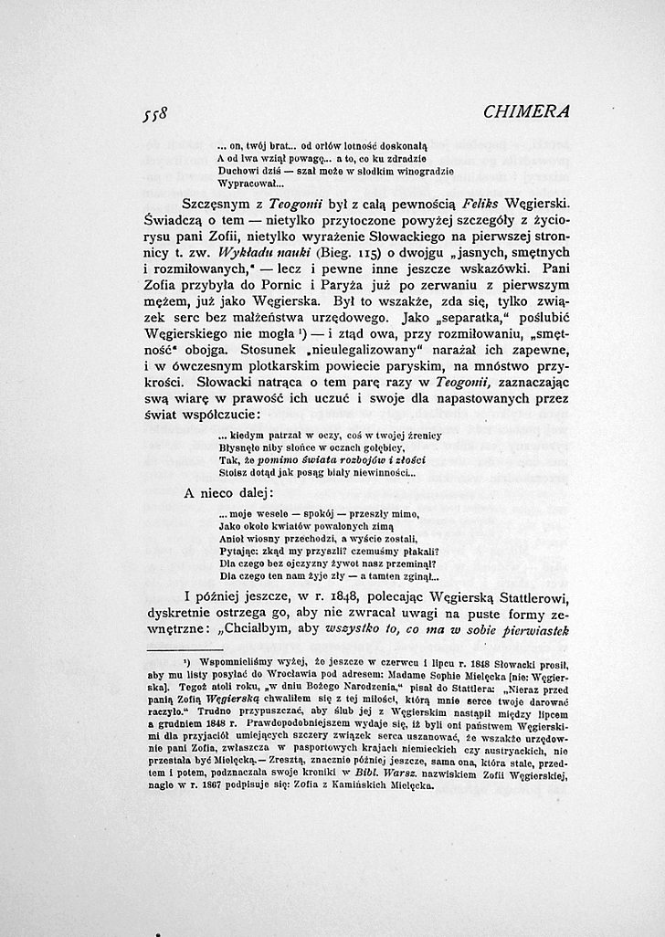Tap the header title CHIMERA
point(527,111)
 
